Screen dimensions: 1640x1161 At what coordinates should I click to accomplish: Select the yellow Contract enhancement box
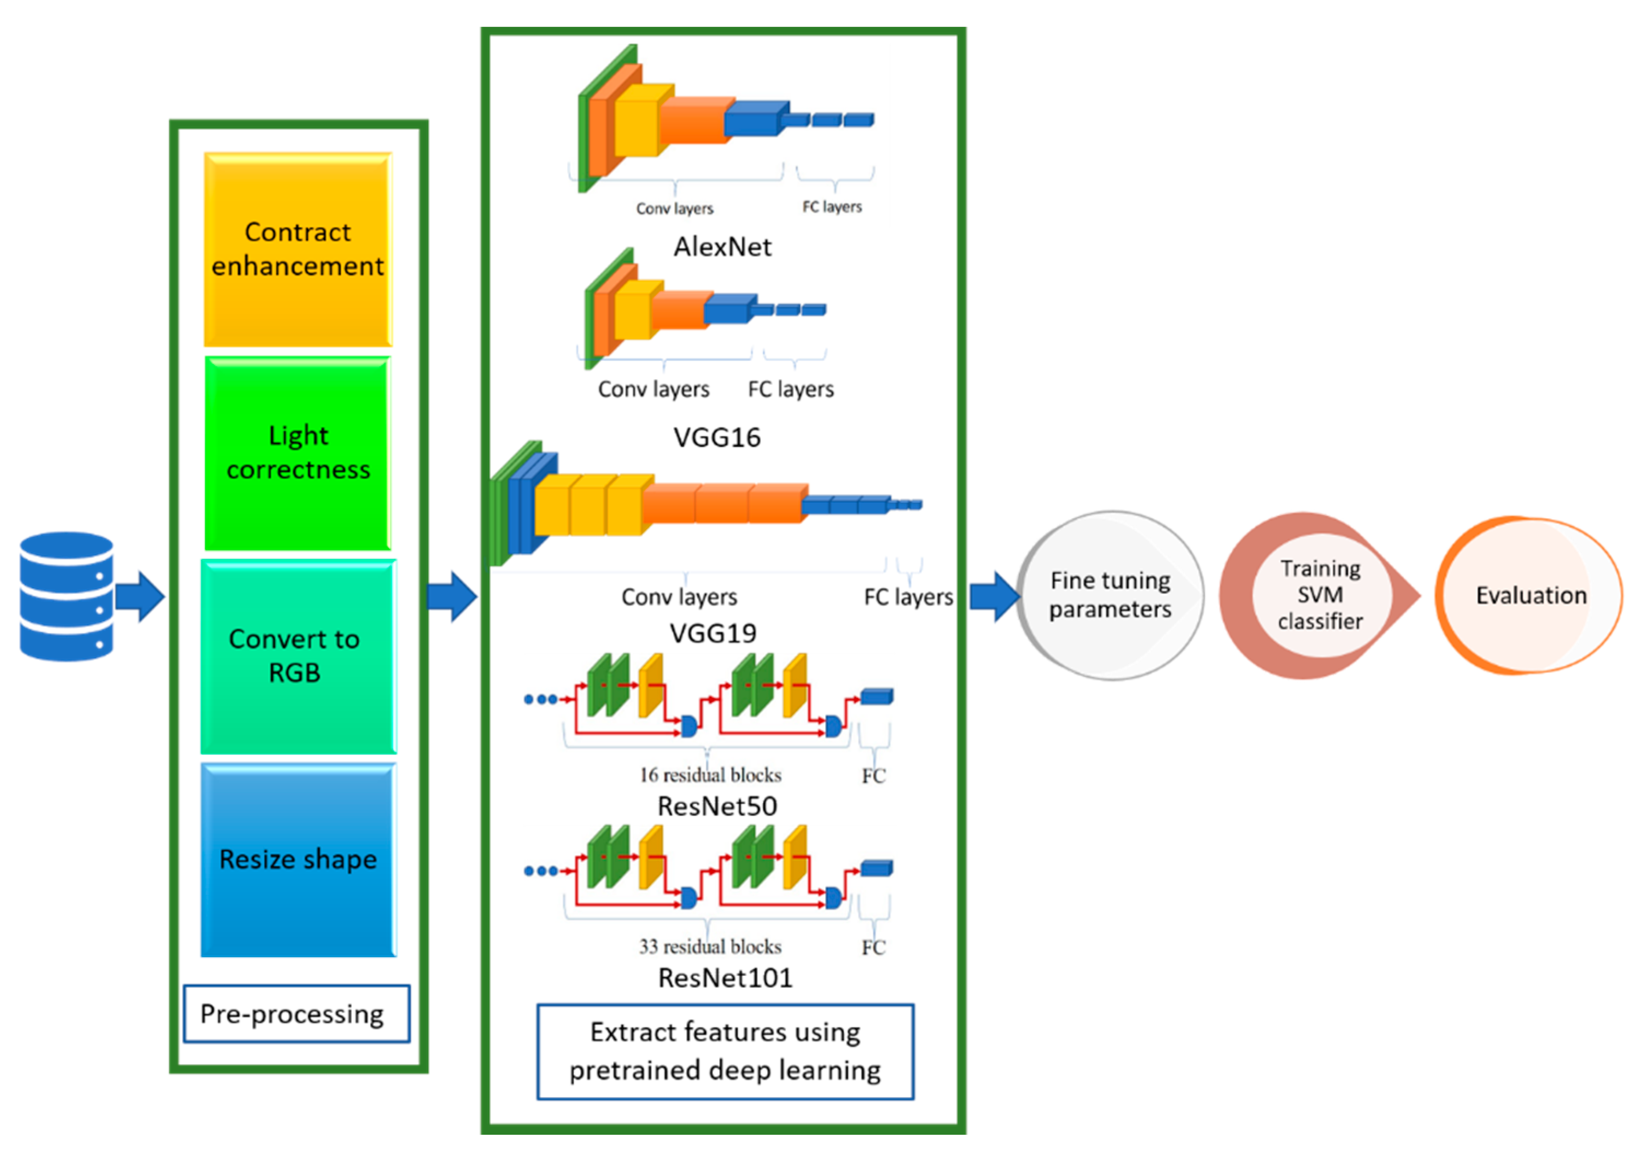297,249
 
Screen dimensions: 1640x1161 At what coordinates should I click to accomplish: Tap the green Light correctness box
297,453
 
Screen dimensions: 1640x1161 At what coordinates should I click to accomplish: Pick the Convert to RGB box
298,656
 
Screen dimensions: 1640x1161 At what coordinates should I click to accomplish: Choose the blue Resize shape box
298,860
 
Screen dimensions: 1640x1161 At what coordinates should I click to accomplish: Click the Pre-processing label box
296,1014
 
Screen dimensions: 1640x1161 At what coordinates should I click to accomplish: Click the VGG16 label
717,437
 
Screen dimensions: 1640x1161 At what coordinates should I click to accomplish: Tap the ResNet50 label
717,806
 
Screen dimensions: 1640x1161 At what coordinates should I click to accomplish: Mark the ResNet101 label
725,978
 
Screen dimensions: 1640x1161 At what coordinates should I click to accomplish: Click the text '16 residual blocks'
710,775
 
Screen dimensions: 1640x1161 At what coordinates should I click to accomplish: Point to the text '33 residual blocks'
710,947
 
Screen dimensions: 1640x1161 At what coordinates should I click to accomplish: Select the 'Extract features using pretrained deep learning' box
725,1052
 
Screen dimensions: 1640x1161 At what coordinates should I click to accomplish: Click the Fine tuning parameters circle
1110,595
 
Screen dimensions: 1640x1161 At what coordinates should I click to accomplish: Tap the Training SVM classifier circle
1320,595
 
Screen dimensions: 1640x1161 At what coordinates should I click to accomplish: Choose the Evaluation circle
1529,595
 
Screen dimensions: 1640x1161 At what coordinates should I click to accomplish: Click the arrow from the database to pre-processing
140,596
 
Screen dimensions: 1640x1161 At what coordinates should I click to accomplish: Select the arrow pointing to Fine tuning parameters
995,596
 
